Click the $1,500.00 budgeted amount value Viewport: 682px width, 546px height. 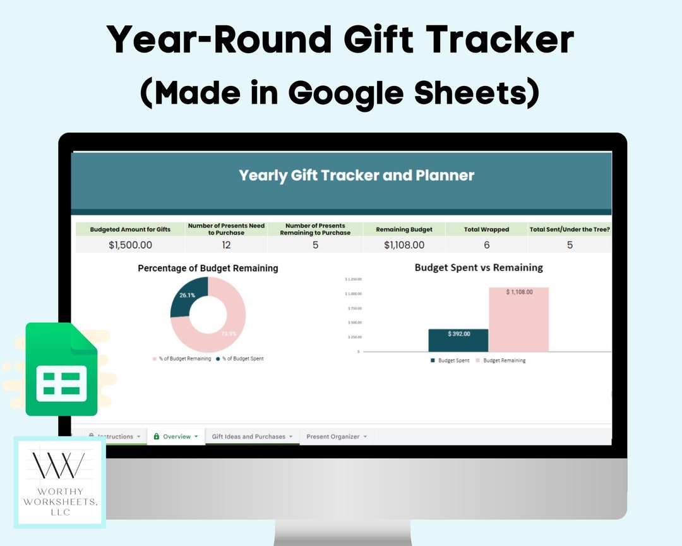[x=130, y=245]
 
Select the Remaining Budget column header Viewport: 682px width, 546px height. [x=404, y=229]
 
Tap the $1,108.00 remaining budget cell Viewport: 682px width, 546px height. [x=404, y=245]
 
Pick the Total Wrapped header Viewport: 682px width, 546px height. [x=486, y=229]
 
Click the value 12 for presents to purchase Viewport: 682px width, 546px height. [x=226, y=245]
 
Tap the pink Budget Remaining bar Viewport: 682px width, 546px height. [x=518, y=322]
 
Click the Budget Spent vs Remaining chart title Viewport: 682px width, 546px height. [x=478, y=267]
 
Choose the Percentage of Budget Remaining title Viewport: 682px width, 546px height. [x=208, y=268]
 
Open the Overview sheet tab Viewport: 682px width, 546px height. [x=176, y=437]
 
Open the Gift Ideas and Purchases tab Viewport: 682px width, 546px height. [x=248, y=437]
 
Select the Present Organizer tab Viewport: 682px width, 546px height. [x=333, y=437]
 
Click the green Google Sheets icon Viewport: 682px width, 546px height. [x=61, y=370]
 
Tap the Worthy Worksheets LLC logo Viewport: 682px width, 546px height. [x=60, y=482]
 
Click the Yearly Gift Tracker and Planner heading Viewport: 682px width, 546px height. [x=356, y=175]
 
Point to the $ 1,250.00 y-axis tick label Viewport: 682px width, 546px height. [x=352, y=279]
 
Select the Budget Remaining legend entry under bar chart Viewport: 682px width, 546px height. [x=504, y=361]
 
